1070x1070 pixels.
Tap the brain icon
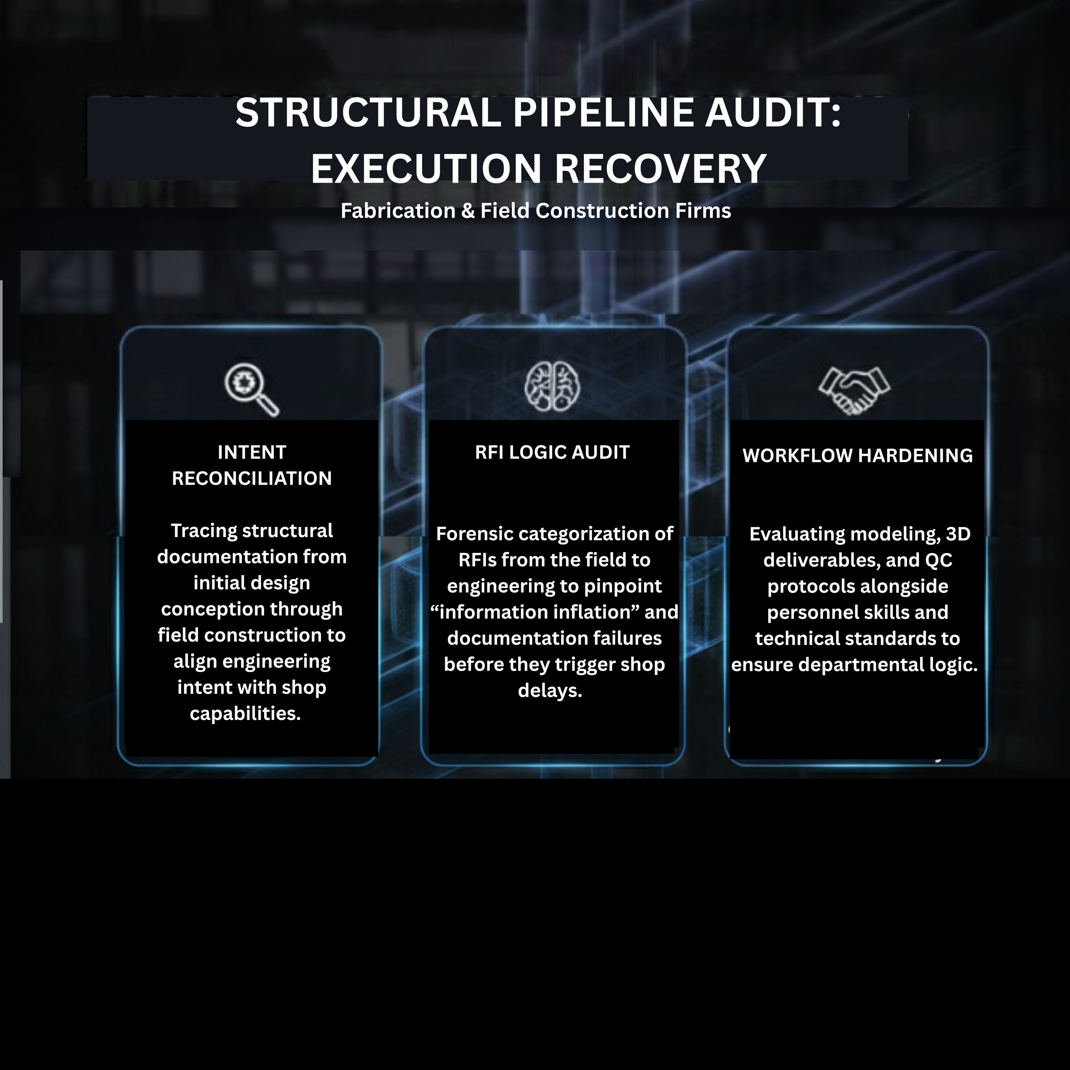click(x=552, y=386)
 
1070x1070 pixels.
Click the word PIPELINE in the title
click(x=603, y=113)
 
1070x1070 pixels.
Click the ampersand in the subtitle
click(x=467, y=211)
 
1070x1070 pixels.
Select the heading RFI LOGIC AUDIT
click(x=552, y=452)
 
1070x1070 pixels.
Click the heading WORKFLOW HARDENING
click(x=857, y=456)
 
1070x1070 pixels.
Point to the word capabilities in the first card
click(x=245, y=713)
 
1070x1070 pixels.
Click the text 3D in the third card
click(x=958, y=534)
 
